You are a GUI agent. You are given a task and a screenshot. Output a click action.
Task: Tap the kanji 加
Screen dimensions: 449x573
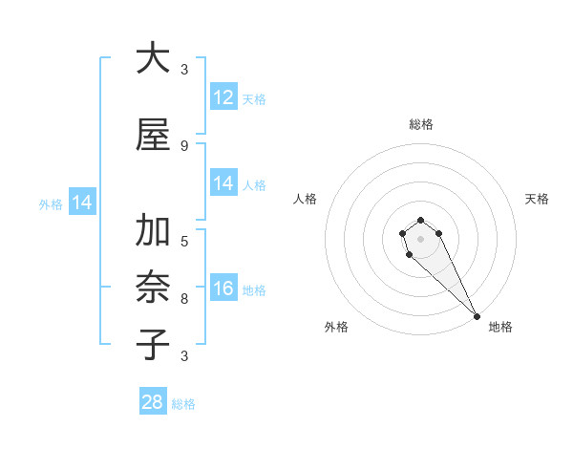click(153, 231)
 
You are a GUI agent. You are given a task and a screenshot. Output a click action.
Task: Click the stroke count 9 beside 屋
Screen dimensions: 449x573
click(183, 145)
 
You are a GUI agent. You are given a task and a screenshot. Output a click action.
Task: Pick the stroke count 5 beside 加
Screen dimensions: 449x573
click(183, 241)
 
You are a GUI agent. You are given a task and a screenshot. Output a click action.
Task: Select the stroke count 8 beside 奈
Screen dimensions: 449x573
click(183, 298)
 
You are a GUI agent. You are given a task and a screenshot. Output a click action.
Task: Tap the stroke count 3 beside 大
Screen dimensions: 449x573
click(183, 69)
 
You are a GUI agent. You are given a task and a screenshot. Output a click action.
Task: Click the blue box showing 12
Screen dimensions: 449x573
click(223, 97)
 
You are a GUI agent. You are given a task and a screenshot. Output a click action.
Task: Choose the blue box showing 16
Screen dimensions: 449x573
click(223, 289)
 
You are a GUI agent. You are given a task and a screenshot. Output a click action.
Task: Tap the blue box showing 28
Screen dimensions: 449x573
click(153, 402)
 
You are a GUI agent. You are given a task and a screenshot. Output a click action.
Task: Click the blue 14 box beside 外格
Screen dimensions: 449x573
click(82, 203)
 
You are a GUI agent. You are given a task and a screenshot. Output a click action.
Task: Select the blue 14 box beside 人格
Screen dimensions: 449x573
click(223, 183)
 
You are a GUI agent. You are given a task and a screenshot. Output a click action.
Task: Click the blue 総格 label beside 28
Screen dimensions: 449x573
click(183, 404)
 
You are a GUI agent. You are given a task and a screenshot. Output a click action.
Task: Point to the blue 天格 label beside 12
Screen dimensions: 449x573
click(254, 99)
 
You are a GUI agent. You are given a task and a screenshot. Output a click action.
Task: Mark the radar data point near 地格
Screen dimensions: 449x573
click(476, 315)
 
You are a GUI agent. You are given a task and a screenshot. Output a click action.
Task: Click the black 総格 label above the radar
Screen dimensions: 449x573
click(421, 124)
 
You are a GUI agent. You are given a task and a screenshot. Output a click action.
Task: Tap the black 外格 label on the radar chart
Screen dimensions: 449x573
click(336, 327)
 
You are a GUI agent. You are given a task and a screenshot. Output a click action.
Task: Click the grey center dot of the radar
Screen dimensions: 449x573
click(420, 239)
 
